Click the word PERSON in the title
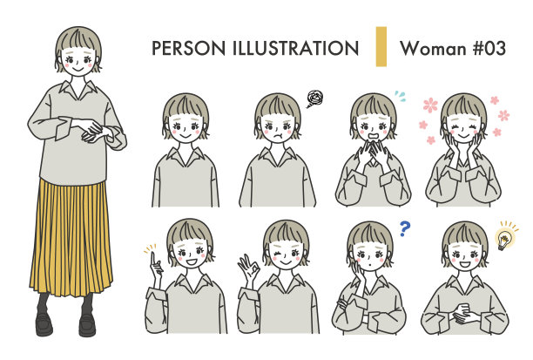coord(183,48)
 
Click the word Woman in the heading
coord(429,48)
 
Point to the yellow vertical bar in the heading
coord(381,46)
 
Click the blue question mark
coord(405,228)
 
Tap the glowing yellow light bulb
coord(504,237)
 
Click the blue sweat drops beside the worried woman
coord(400,95)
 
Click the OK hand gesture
coord(246,265)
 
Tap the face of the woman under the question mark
coord(370,253)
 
